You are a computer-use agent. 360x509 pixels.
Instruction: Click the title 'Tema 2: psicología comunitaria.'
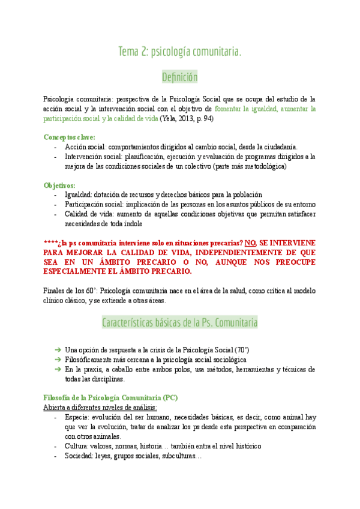(180, 52)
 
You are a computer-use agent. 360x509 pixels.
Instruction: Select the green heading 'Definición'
(180, 77)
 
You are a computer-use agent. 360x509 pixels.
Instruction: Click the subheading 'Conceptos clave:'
(69, 137)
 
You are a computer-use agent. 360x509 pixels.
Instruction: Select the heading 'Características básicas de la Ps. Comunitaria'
(180, 323)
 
